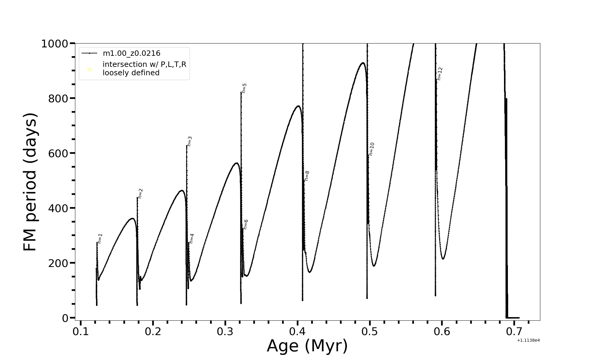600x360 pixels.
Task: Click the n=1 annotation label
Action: pyautogui.click(x=100, y=238)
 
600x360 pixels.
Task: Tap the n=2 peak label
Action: pyautogui.click(x=140, y=193)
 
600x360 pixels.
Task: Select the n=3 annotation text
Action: pyautogui.click(x=190, y=141)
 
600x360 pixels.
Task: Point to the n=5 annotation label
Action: pyautogui.click(x=244, y=88)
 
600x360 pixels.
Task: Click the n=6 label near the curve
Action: pyautogui.click(x=246, y=224)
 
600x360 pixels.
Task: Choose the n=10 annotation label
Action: pyautogui.click(x=372, y=149)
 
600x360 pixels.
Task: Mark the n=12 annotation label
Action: pyautogui.click(x=440, y=73)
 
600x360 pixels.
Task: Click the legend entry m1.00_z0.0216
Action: pyautogui.click(x=131, y=53)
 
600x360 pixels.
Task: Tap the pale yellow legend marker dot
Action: pyautogui.click(x=89, y=70)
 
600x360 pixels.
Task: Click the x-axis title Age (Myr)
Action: pyautogui.click(x=307, y=346)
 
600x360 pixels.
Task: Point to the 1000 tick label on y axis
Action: pyautogui.click(x=55, y=44)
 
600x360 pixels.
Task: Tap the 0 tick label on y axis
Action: pyautogui.click(x=65, y=318)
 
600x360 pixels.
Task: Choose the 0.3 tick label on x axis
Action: pyautogui.click(x=225, y=332)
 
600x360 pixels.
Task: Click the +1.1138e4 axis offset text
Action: pyautogui.click(x=528, y=340)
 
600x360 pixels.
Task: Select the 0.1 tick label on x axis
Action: pyautogui.click(x=81, y=332)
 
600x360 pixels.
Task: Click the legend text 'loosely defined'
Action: pyautogui.click(x=131, y=73)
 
